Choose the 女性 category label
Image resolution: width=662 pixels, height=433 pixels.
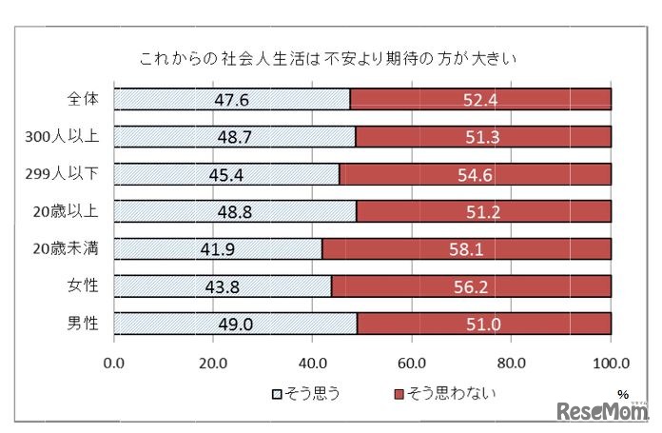click(84, 285)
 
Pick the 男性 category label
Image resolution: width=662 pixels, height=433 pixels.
click(84, 323)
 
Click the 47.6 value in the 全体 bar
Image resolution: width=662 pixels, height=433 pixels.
click(232, 100)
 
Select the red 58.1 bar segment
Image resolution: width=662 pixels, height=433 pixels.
click(467, 249)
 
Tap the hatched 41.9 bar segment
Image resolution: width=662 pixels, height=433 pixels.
click(219, 249)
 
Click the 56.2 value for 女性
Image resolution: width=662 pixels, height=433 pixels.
click(471, 285)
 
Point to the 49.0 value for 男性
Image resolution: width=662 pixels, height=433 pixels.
click(236, 323)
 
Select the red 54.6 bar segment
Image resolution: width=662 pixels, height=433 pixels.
click(475, 174)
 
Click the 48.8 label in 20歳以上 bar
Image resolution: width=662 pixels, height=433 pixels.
click(235, 211)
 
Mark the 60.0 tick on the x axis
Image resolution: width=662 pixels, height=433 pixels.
click(412, 362)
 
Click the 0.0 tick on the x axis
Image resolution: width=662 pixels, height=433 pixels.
click(115, 362)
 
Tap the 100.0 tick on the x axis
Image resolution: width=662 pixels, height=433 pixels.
click(611, 362)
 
